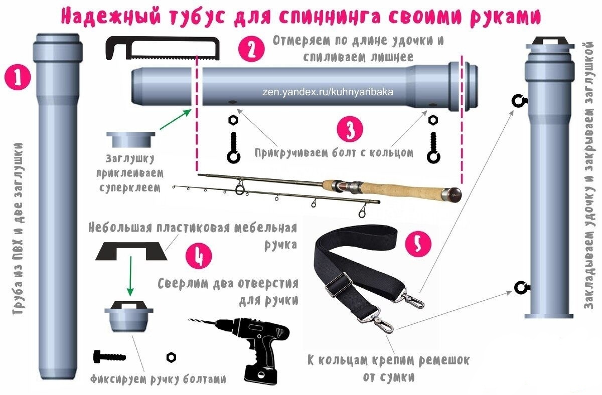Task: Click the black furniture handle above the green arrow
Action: coord(131,250)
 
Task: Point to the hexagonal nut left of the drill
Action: coord(171,357)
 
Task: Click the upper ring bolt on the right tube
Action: coord(518,101)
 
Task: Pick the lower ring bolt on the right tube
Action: coord(519,287)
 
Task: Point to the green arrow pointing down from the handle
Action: coord(130,276)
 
